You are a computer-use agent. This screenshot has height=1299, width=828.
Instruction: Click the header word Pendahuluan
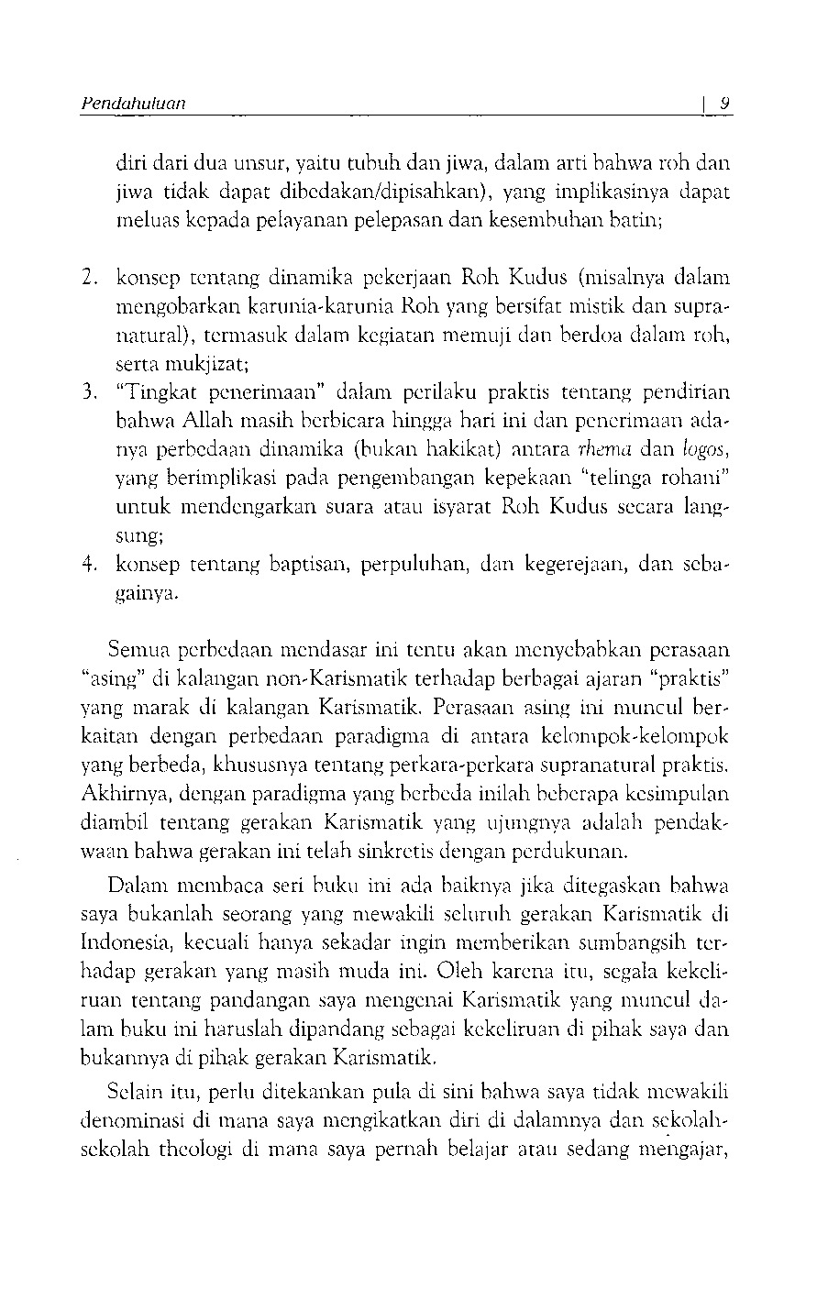click(133, 104)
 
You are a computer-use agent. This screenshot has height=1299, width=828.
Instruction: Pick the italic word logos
click(708, 450)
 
